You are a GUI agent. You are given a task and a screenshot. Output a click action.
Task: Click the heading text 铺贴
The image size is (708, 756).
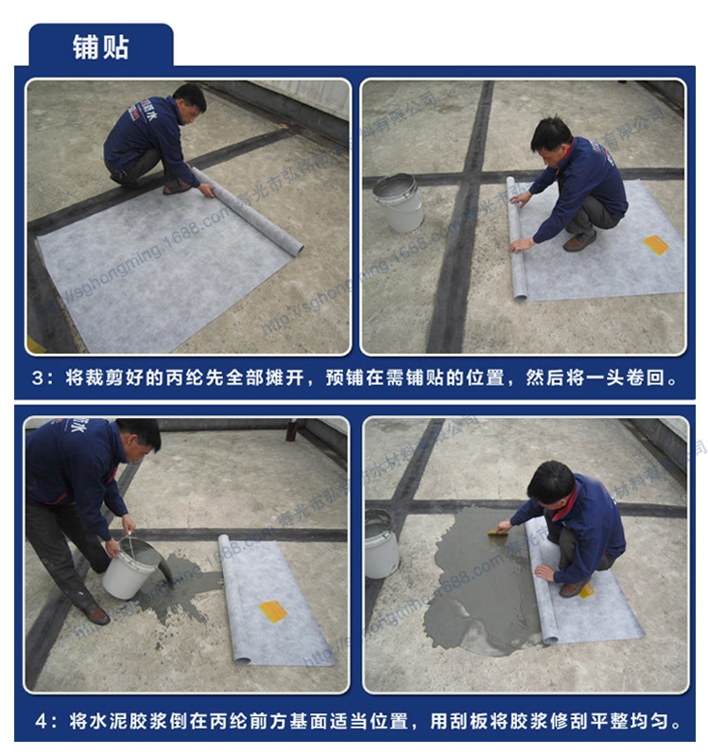100,46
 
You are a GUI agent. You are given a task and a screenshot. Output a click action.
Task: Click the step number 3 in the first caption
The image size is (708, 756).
37,378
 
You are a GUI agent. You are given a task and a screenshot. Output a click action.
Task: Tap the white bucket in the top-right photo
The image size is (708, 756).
399,202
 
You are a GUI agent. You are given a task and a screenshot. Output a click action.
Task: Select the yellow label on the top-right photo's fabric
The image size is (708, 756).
656,245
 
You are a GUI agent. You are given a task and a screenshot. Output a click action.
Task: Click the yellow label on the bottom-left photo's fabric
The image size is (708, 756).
273,610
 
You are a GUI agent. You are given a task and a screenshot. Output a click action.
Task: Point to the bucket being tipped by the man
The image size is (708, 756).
130,568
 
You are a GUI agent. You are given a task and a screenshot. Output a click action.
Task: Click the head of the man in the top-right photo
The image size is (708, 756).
551,137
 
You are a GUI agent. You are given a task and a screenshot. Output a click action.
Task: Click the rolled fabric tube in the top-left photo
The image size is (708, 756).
251,213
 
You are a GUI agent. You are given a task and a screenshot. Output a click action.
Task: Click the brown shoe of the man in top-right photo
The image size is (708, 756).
578,242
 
